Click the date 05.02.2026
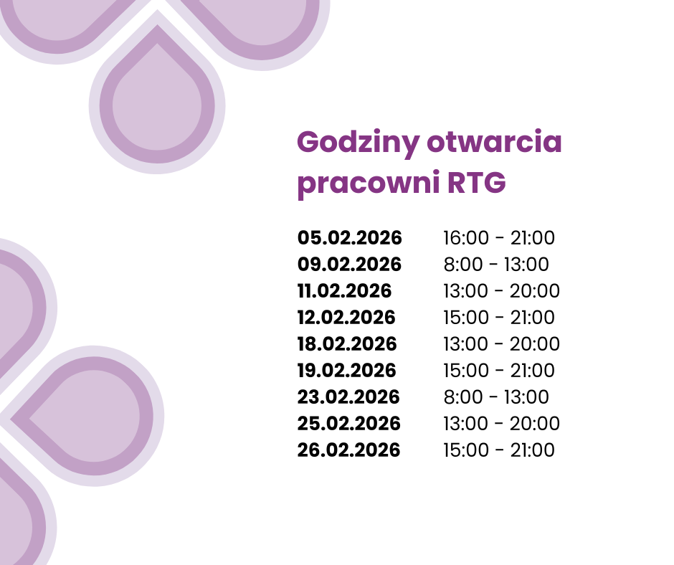350,238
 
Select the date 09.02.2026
350,265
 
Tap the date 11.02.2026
345,291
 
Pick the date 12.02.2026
347,318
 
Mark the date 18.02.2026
348,344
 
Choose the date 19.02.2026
347,371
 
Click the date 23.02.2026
348,397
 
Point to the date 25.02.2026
349,424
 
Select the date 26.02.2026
349,450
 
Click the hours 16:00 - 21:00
499,238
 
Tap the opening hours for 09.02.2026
496,265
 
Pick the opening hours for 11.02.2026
501,291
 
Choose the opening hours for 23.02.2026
496,397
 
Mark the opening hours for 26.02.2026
499,450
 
